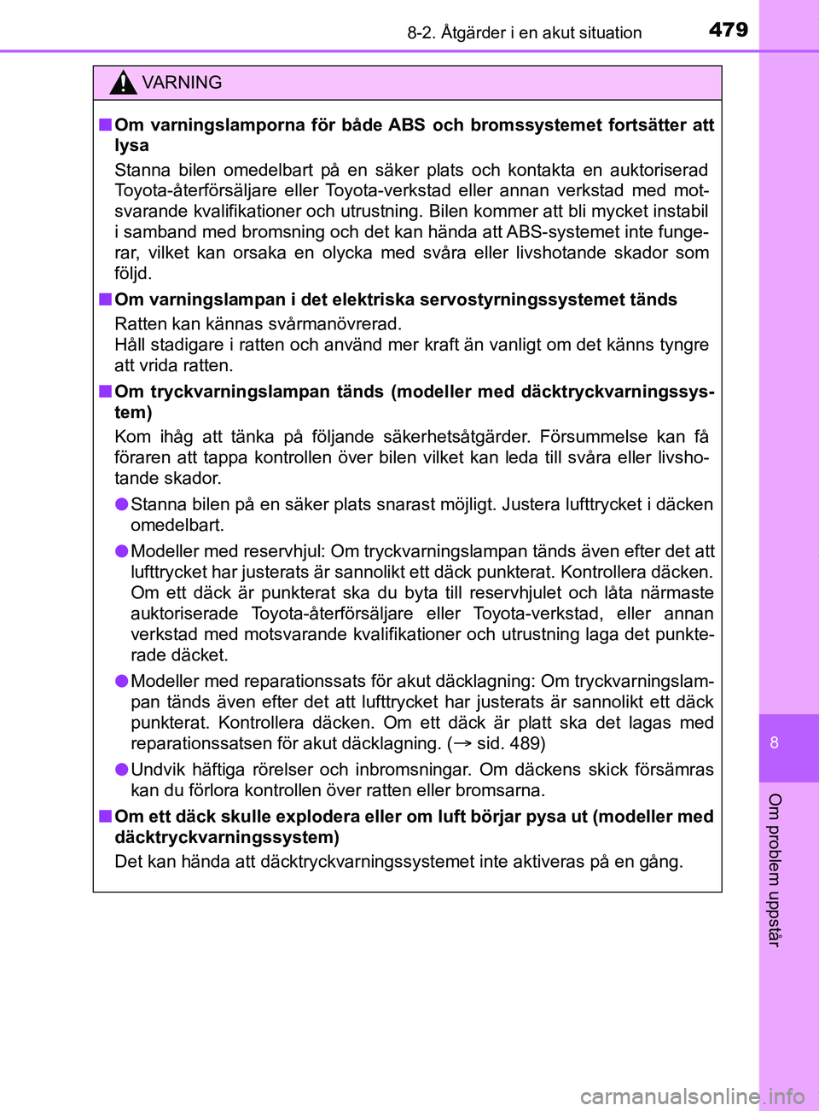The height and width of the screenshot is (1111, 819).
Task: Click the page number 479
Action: pos(728,30)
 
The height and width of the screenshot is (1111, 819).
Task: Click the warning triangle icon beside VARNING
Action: pos(123,83)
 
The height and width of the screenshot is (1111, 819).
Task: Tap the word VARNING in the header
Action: pos(182,83)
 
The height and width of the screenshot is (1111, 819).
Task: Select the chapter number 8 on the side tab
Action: pos(775,742)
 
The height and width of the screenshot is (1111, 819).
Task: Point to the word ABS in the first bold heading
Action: pos(406,125)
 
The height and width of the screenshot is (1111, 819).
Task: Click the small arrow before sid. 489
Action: pos(462,743)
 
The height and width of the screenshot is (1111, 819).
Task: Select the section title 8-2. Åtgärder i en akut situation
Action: pos(524,33)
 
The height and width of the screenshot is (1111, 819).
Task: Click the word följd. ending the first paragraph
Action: pos(133,274)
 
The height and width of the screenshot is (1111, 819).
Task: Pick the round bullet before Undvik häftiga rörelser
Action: pos(122,770)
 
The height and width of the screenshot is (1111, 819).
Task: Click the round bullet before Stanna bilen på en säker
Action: pos(122,504)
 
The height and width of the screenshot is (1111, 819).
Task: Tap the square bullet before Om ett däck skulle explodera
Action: pos(104,817)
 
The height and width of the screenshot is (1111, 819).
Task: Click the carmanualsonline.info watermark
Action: pos(692,1096)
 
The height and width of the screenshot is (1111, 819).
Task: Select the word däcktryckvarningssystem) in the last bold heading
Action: pos(227,837)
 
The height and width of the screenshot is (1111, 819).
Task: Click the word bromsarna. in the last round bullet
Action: pos(502,790)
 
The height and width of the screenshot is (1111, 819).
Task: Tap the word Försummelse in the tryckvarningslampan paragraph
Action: pos(593,437)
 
